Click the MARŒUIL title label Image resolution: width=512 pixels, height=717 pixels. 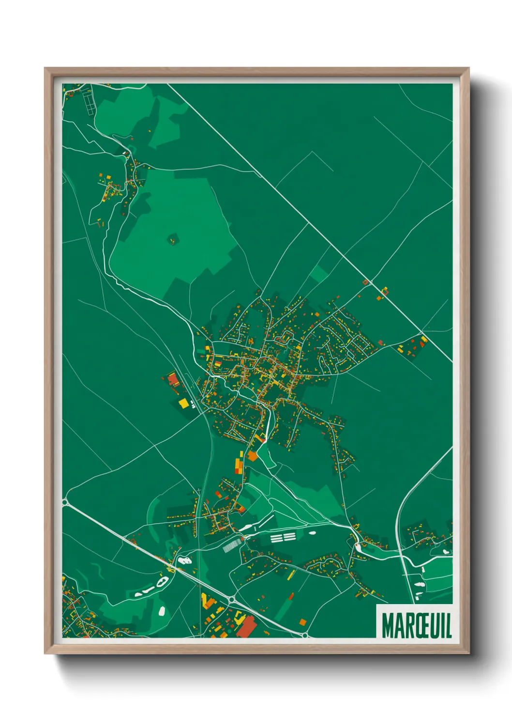click(x=416, y=625)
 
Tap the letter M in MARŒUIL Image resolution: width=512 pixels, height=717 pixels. click(x=388, y=626)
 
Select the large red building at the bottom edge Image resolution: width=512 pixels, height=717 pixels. click(x=247, y=627)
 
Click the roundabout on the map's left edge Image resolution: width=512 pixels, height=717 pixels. click(x=65, y=502)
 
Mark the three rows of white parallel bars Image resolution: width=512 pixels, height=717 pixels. click(x=283, y=537)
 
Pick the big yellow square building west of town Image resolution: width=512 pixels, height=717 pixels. click(x=183, y=403)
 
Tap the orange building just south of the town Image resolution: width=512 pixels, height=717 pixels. click(x=252, y=455)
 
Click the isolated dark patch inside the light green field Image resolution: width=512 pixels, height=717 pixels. click(x=173, y=238)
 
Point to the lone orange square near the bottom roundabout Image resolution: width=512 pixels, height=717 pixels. click(x=302, y=622)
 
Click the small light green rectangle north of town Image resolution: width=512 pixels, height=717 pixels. click(x=318, y=274)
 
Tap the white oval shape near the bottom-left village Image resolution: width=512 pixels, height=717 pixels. click(x=162, y=610)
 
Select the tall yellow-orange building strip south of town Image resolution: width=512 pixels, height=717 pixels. click(x=239, y=462)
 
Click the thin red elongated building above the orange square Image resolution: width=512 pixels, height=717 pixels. click(x=291, y=595)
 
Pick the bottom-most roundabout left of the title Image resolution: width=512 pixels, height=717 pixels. click(x=304, y=634)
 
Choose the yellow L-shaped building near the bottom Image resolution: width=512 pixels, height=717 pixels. click(x=207, y=601)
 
